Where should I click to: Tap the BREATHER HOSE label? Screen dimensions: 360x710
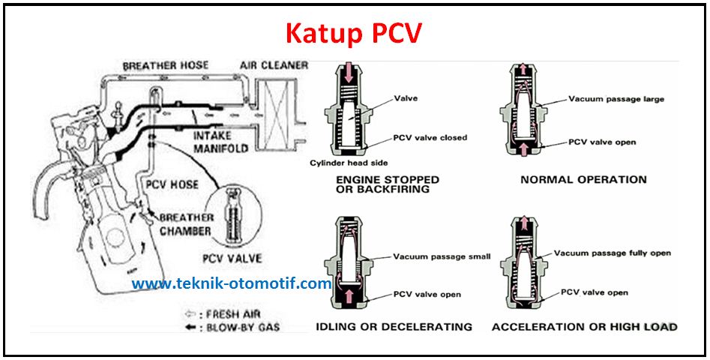[x=166, y=66]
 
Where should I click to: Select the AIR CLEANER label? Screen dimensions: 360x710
[x=274, y=65]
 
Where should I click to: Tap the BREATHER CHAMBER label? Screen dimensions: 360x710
[x=186, y=224]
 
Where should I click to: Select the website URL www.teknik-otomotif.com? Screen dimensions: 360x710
[x=232, y=283]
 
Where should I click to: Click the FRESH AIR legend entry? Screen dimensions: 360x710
[x=226, y=314]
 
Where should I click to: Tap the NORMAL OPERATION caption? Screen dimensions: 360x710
[x=583, y=180]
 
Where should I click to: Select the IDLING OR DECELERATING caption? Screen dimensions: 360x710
[x=394, y=327]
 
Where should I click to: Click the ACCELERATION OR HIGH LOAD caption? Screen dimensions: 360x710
[x=584, y=327]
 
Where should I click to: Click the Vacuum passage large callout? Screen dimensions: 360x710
[x=616, y=99]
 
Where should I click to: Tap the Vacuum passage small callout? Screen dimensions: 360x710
[x=442, y=256]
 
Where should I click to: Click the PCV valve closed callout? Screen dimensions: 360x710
[x=430, y=138]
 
